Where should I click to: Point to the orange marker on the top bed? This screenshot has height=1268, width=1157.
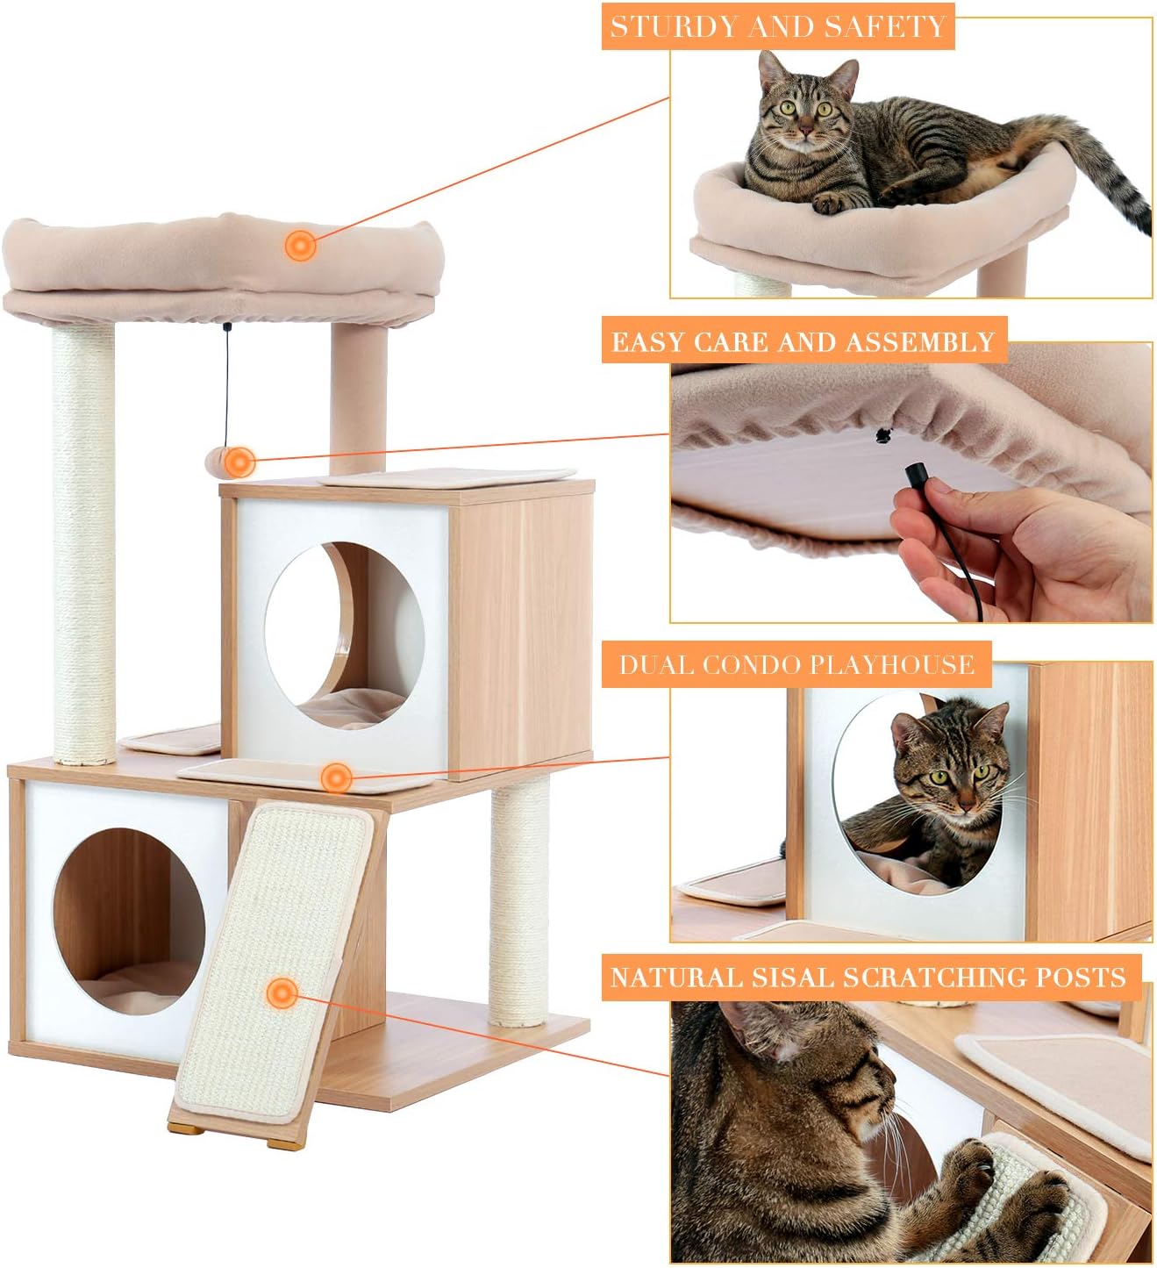point(300,245)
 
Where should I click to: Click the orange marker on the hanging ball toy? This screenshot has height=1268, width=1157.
point(239,462)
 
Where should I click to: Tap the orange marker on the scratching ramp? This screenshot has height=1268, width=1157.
point(282,993)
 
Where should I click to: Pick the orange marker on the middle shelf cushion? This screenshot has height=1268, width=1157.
point(336,777)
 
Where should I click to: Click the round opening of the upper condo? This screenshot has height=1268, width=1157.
point(345,635)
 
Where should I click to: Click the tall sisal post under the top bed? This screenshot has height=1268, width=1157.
point(83,542)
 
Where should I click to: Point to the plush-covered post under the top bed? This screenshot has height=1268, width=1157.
point(358,398)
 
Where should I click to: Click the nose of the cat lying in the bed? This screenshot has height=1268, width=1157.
point(805,131)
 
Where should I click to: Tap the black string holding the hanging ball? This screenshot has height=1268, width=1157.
point(227,385)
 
